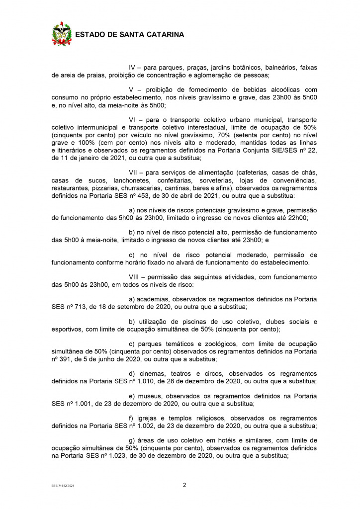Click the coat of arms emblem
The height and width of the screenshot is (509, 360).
62,34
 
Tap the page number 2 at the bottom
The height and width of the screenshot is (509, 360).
184,485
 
